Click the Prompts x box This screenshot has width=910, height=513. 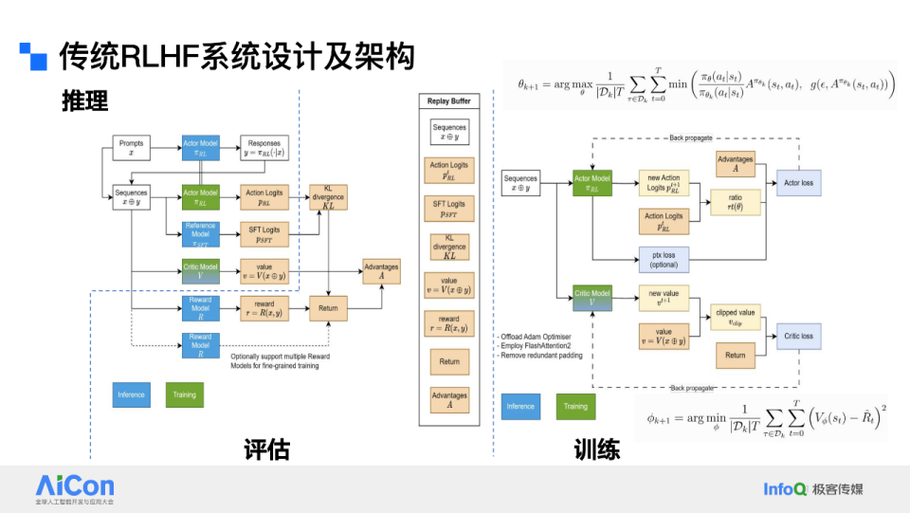coord(131,148)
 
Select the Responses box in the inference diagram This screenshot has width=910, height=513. coord(264,148)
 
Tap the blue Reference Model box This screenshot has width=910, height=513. coord(200,233)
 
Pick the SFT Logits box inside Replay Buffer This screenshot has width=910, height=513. coord(449,210)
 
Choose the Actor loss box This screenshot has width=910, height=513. coord(798,182)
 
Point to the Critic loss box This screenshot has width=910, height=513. coord(798,336)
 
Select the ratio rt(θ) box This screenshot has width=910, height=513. coord(735,202)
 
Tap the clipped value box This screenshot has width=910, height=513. coord(735,317)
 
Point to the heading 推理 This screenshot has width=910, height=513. coord(84,101)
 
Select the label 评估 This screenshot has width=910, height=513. coord(266,449)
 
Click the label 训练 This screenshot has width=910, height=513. coord(596,449)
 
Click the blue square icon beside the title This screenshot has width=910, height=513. coord(34,58)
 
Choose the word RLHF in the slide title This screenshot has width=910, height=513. coord(155,57)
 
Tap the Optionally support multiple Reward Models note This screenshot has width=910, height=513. coord(281,361)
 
